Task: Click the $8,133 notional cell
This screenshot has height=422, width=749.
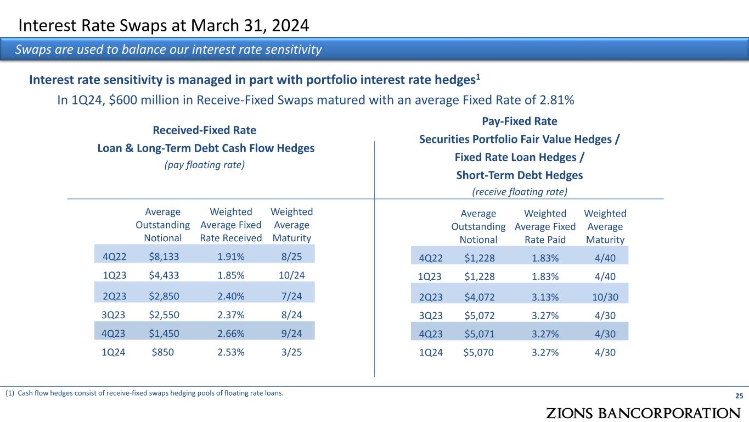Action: (x=163, y=256)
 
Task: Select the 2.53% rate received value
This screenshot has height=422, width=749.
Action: (x=231, y=353)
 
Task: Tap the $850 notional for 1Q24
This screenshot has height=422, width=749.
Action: (x=163, y=353)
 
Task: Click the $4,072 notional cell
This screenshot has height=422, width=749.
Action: (x=478, y=297)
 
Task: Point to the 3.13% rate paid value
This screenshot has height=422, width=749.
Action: (x=545, y=297)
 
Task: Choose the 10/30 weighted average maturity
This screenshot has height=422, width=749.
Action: (x=605, y=297)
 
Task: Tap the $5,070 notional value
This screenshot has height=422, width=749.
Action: (x=478, y=353)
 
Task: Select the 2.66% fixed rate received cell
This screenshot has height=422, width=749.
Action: (x=231, y=333)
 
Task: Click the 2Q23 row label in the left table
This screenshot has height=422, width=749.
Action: (x=115, y=296)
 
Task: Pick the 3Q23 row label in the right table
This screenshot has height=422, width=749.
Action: (x=431, y=316)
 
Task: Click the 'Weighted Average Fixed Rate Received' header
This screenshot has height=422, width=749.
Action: (x=231, y=225)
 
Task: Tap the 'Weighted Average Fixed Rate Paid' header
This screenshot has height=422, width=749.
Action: (x=545, y=226)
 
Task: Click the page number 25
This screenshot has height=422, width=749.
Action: (x=739, y=396)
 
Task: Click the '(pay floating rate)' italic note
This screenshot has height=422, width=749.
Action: (x=205, y=165)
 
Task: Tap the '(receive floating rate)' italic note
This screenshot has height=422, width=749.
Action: (x=519, y=191)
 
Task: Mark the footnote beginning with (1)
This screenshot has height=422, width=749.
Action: (x=145, y=393)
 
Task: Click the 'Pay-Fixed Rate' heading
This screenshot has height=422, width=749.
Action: (x=519, y=121)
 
